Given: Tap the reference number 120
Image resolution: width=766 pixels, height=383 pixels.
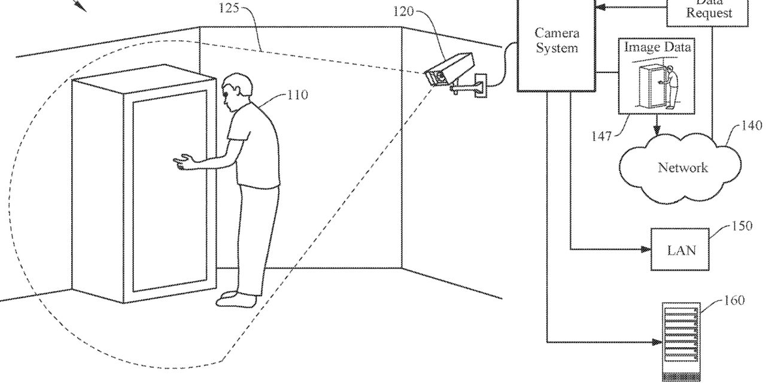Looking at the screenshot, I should click(x=403, y=11).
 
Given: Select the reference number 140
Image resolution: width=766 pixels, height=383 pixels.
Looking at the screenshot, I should click(x=752, y=126).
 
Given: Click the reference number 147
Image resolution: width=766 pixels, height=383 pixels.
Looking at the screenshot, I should click(x=602, y=136).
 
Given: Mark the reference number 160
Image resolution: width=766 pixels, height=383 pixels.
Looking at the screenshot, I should click(x=734, y=300).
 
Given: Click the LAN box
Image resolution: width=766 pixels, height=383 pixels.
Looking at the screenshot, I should click(x=681, y=249).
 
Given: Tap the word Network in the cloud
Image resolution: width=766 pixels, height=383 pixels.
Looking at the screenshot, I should click(x=683, y=168).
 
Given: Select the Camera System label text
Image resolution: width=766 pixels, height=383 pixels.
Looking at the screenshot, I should click(x=557, y=41).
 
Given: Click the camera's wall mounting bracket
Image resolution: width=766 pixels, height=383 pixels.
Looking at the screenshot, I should click(x=473, y=87).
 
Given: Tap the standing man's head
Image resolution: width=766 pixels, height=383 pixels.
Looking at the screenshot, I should click(x=232, y=89).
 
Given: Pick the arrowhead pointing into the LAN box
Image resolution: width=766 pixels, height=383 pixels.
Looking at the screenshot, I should click(x=647, y=249).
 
